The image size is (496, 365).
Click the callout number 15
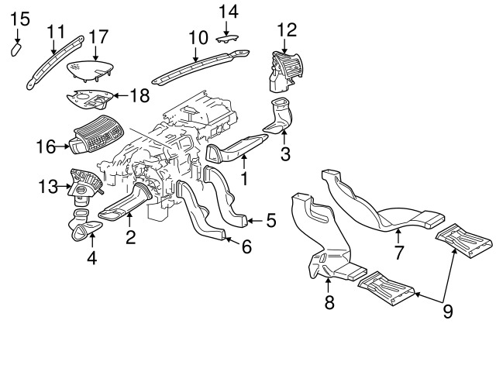click(20, 19)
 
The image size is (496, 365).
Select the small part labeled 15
click(16, 50)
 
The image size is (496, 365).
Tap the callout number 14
click(229, 12)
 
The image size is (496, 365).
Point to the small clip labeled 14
click(227, 39)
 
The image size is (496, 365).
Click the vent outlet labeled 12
click(283, 72)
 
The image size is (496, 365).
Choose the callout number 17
click(98, 37)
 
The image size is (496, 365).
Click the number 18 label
click(139, 95)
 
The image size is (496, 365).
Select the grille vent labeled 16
click(96, 134)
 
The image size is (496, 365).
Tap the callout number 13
click(48, 186)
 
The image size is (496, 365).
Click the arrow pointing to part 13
click(64, 187)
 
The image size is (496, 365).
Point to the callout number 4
click(91, 258)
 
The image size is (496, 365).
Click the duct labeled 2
click(126, 202)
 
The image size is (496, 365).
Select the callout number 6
click(246, 246)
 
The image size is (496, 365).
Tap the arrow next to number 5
click(255, 220)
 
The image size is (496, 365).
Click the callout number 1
click(244, 178)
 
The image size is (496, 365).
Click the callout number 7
click(399, 252)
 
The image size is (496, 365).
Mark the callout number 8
click(329, 302)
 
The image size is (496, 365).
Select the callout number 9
click(448, 312)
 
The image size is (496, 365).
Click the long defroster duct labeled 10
click(201, 67)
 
